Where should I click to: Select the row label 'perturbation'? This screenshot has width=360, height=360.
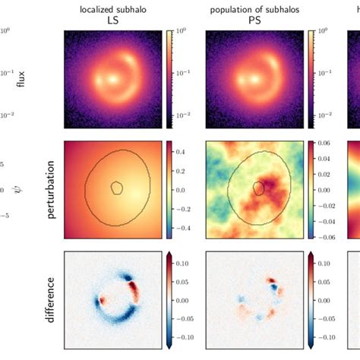point(52,190)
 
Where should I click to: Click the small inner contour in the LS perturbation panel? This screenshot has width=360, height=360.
point(116,188)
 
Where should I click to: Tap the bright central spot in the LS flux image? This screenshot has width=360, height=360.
point(113,78)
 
